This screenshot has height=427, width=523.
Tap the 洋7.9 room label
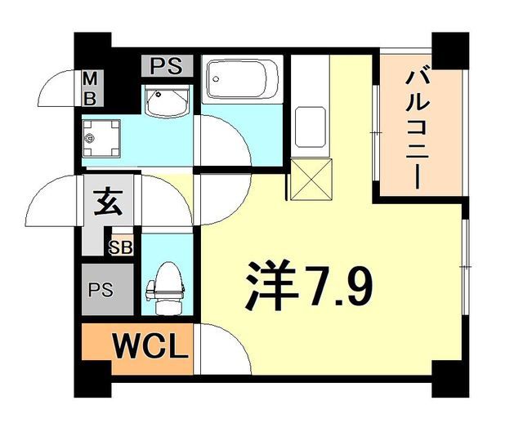pos(310,285)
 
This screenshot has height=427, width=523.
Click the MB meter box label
pos(92,89)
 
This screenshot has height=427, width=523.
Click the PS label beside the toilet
pos(102,290)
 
